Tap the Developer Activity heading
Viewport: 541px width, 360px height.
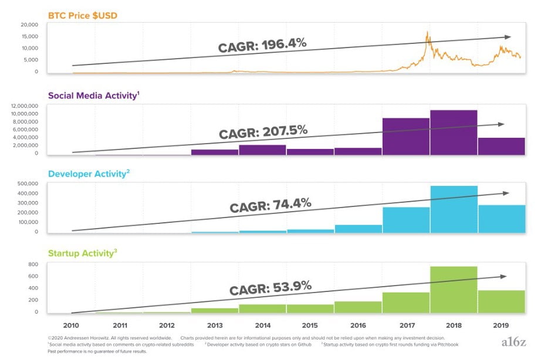pos(89,174)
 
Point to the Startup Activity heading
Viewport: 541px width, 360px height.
pos(82,254)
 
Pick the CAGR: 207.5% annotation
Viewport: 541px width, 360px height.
pos(263,131)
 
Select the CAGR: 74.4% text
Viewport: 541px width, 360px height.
pos(270,206)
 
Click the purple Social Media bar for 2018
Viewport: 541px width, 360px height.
pos(454,133)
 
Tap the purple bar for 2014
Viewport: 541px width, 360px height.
pos(262,150)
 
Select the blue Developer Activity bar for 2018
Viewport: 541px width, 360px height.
pos(454,209)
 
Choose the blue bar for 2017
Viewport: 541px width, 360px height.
pos(405,220)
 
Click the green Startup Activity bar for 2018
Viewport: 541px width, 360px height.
pos(454,290)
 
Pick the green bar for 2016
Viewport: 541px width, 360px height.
pos(358,307)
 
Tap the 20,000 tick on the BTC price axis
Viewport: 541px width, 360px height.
pos(29,25)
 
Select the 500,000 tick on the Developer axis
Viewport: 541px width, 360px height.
pos(27,184)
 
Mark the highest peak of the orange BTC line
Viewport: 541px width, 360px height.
pos(427,32)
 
